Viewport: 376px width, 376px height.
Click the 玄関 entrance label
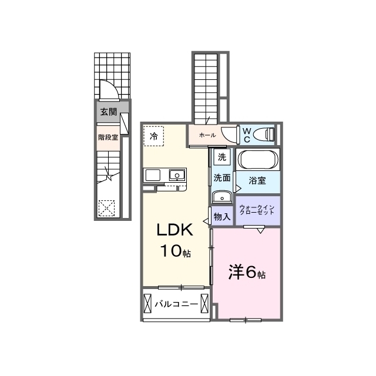coord(109,112)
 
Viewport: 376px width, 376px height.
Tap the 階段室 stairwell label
coord(108,137)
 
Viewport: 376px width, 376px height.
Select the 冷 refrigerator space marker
coord(154,136)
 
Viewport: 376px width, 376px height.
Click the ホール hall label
coord(207,135)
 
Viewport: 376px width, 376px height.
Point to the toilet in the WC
coord(264,134)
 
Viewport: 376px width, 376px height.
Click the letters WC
coord(247,135)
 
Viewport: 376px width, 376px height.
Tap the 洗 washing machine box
coord(222,157)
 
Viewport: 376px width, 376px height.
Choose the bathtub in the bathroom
coord(258,160)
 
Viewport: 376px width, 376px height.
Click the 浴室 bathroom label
coord(257,180)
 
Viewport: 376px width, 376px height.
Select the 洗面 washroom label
coord(222,177)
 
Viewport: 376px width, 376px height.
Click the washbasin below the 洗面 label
coord(222,197)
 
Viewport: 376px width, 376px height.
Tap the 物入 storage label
coord(222,217)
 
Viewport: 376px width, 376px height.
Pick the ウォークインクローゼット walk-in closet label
coord(257,210)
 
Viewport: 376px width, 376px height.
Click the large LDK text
coord(175,230)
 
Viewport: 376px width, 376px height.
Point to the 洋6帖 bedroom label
coord(247,272)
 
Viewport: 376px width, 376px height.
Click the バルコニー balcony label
coord(176,304)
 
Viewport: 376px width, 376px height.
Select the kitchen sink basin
coord(177,175)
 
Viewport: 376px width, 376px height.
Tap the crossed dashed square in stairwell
coord(107,208)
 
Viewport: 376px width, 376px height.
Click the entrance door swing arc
coord(109,89)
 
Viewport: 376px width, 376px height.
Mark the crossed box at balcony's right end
coord(204,304)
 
